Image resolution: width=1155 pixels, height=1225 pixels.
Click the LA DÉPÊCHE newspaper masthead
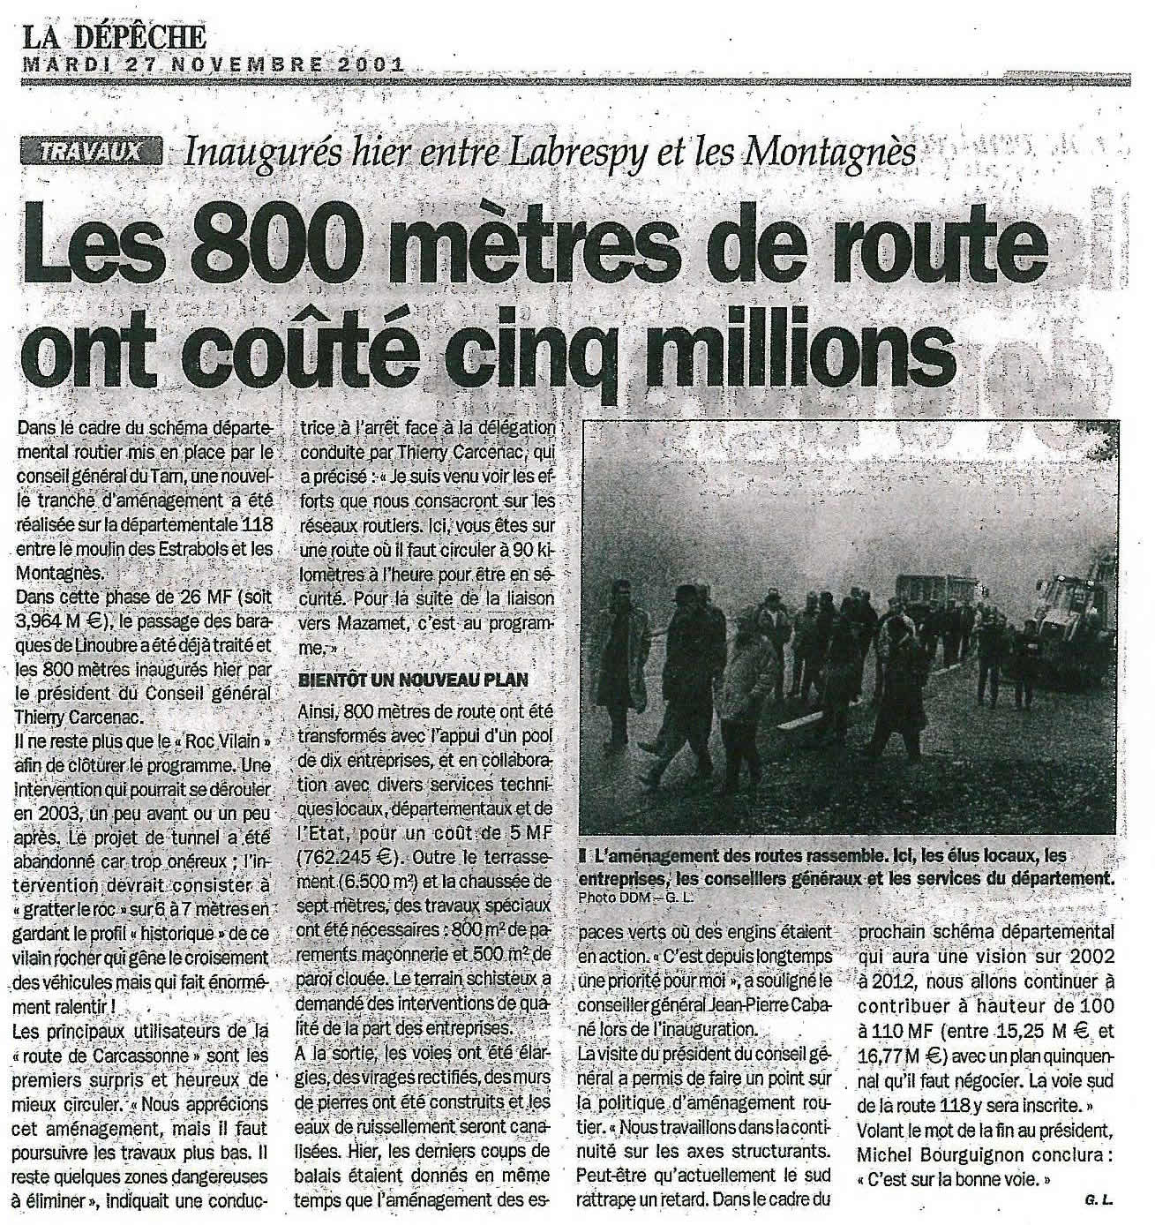(116, 36)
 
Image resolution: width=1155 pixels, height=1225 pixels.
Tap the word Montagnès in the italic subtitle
(830, 154)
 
